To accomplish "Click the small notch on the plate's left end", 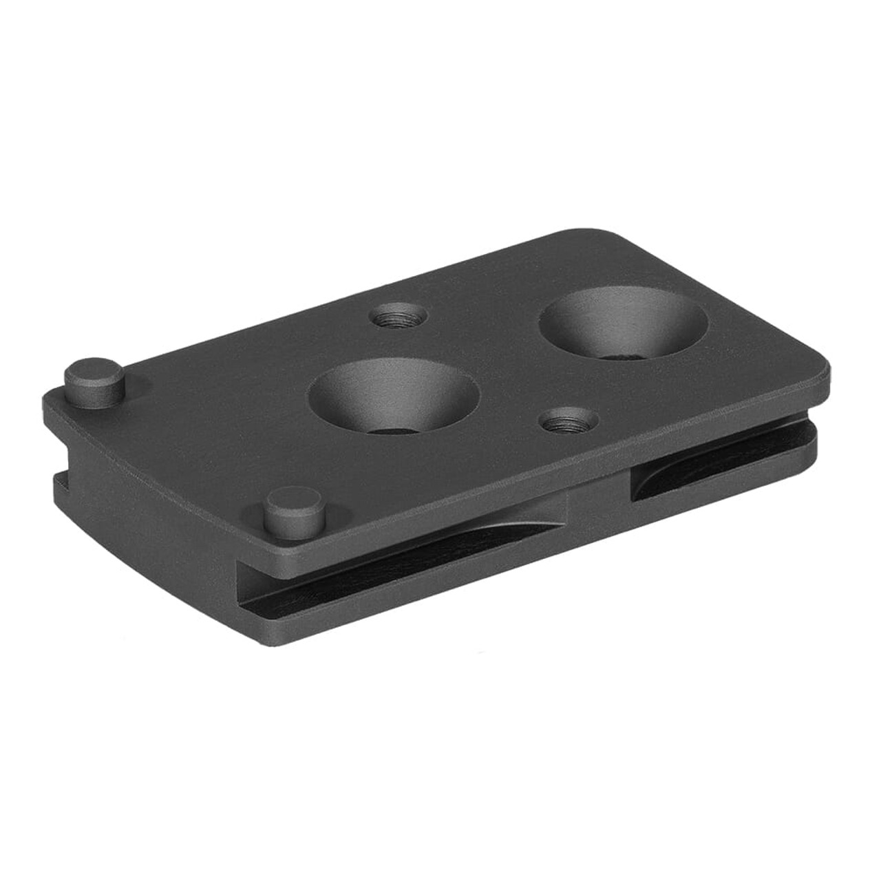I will coord(59,476).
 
